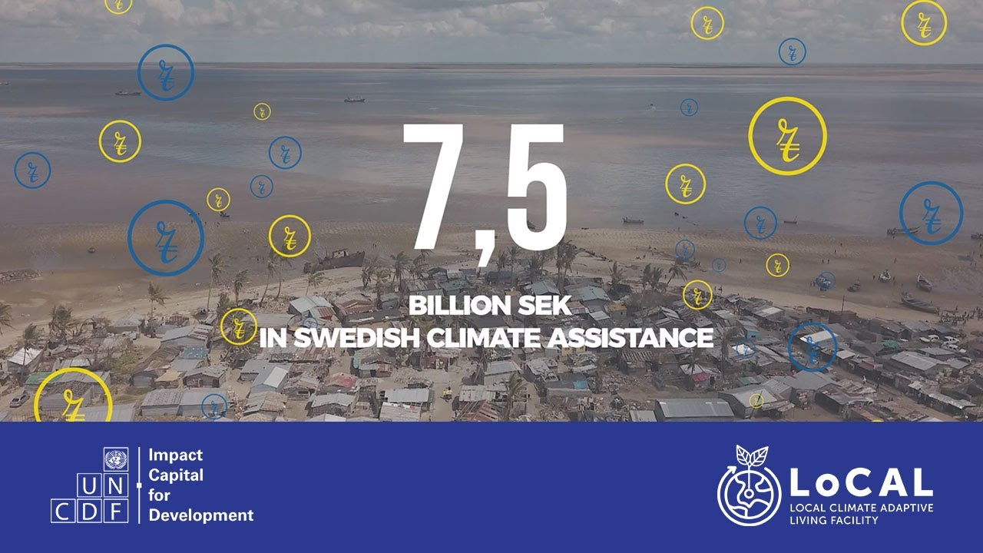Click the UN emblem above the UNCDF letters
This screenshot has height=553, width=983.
(116, 460)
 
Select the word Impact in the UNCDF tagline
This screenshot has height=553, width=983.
(175, 455)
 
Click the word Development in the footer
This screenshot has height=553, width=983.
(200, 515)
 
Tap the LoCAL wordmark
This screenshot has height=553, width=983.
(861, 482)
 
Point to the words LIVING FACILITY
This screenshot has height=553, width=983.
(833, 520)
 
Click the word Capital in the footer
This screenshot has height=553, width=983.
(176, 475)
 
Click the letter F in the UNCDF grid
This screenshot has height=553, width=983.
(116, 510)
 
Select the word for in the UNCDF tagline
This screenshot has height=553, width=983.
(159, 495)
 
